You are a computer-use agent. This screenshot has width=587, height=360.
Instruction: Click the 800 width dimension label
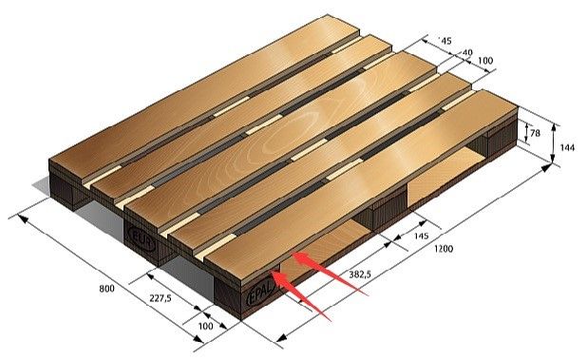pyautogui.click(x=106, y=289)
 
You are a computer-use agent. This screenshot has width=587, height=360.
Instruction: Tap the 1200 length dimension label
pyautogui.click(x=444, y=249)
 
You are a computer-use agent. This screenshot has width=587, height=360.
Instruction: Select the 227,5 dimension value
pyautogui.click(x=161, y=298)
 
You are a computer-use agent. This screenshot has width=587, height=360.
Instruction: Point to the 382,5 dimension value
pyautogui.click(x=360, y=275)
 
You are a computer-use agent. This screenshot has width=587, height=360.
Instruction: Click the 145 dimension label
pyautogui.click(x=422, y=237)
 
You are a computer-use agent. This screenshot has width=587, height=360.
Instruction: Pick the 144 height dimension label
pyautogui.click(x=567, y=148)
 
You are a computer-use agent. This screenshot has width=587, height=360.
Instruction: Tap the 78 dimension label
pyautogui.click(x=536, y=133)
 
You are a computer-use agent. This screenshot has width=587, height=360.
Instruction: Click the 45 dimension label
pyautogui.click(x=445, y=41)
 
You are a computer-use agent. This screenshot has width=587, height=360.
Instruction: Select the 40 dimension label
pyautogui.click(x=467, y=52)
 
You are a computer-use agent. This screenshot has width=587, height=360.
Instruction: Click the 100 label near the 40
pyautogui.click(x=485, y=60)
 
